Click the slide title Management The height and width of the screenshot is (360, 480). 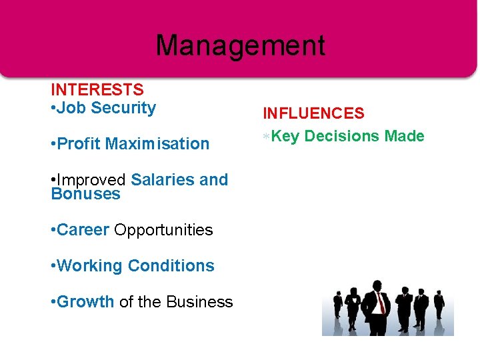coord(240,46)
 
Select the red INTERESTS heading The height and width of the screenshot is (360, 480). coord(97,89)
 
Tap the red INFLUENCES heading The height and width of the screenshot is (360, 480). coord(313,113)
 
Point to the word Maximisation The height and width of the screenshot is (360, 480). coord(157,144)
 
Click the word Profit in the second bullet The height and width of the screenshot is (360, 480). coord(79,144)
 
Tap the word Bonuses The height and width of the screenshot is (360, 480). coord(85,195)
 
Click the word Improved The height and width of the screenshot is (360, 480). coord(92,180)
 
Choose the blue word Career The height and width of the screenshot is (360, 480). coord(83,230)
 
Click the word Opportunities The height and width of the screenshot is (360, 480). coord(163,230)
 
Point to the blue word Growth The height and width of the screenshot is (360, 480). coord(86,302)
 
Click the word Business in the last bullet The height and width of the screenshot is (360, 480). coord(199,302)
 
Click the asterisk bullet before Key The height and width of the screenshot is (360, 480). coord(267,137)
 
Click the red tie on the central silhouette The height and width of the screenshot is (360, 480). coord(381,303)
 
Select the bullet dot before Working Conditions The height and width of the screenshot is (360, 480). coord(53,266)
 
